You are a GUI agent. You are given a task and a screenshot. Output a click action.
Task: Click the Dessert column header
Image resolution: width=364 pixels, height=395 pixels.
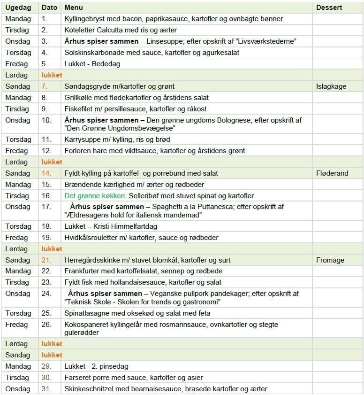click(329, 8)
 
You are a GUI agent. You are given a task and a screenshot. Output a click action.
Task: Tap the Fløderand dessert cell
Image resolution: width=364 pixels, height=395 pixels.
click(332, 173)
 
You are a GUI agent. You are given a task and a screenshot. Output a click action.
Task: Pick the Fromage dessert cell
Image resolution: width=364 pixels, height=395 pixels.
click(330, 260)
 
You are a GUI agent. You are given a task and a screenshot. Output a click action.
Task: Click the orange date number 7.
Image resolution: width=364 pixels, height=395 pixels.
click(44, 86)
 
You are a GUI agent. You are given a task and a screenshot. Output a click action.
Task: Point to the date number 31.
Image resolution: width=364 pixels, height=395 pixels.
click(45, 389)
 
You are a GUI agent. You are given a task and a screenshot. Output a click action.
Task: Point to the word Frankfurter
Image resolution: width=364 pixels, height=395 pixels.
click(81, 271)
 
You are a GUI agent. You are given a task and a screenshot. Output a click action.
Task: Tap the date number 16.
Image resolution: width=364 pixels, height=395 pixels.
click(46, 196)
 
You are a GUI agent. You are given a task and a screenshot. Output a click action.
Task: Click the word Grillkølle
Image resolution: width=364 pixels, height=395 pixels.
click(79, 98)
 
